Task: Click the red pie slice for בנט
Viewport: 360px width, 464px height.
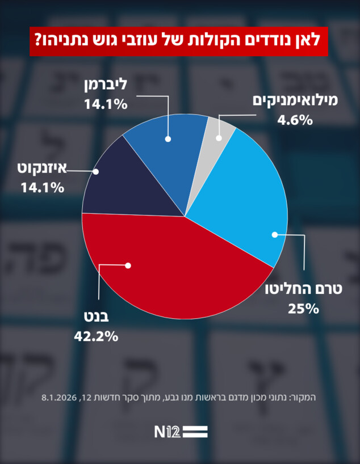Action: [170, 272]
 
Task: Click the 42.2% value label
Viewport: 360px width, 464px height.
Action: [96, 336]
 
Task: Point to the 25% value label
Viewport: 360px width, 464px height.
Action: [304, 309]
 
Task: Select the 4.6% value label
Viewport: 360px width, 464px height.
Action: [295, 120]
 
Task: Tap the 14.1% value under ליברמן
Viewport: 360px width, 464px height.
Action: [105, 104]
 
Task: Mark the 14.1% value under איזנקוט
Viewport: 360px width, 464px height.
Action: [41, 188]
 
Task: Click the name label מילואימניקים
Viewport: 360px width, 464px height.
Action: [295, 101]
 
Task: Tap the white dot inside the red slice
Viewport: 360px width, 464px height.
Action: [128, 265]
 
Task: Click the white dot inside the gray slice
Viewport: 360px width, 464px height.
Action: [219, 137]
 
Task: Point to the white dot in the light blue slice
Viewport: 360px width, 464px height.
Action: [275, 234]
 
